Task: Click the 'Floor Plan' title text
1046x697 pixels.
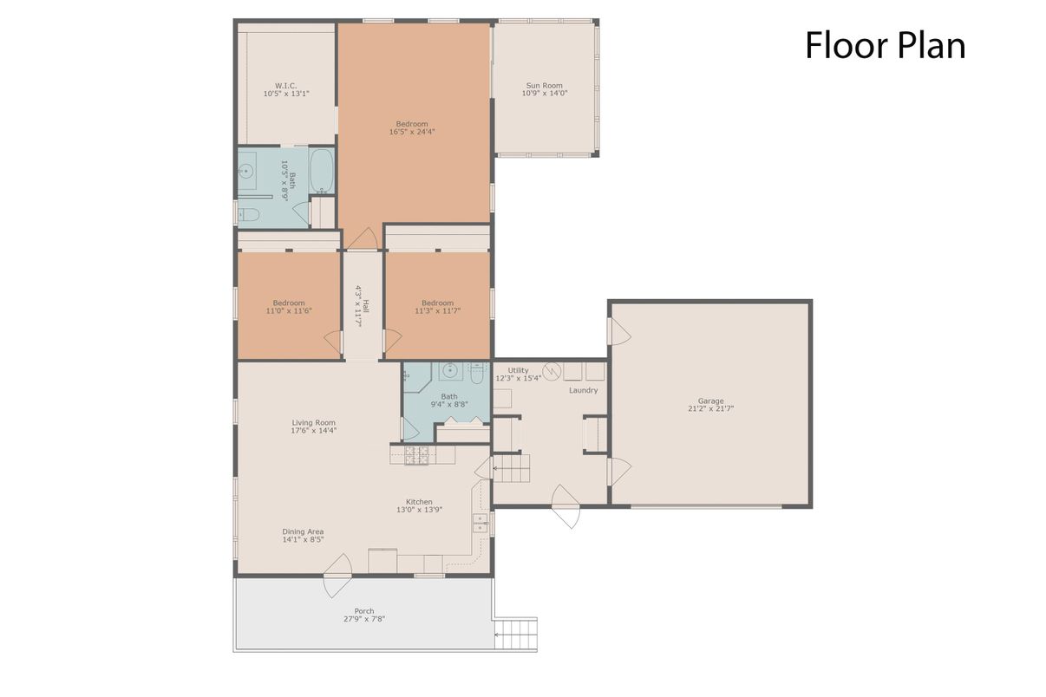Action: (885, 46)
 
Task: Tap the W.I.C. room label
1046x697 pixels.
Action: (286, 86)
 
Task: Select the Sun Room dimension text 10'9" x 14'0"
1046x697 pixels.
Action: (545, 93)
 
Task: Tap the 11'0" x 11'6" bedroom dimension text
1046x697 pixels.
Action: (289, 310)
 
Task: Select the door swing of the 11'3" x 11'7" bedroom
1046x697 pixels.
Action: (393, 339)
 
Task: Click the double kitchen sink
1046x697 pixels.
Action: (480, 523)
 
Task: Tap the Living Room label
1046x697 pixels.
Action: (313, 423)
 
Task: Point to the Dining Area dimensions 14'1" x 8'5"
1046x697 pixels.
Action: (303, 539)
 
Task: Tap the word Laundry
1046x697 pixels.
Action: (583, 390)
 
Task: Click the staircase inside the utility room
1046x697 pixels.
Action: (511, 472)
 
